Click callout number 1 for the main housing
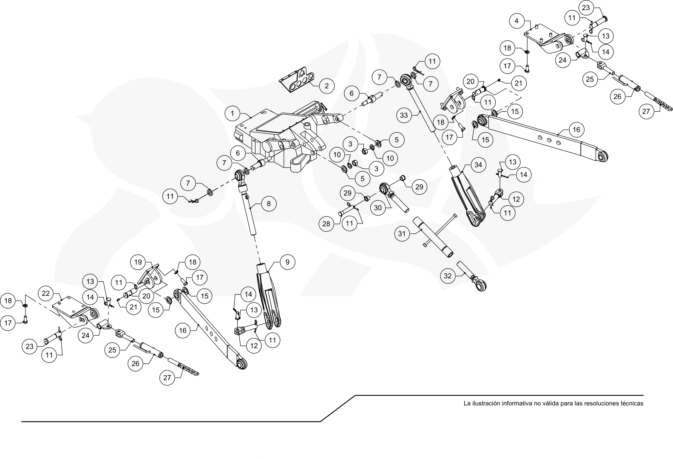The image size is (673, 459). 233,113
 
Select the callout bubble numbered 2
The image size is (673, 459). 327,86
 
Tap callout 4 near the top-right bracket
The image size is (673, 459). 517,21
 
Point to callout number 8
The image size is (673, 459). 269,204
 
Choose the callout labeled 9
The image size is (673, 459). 287,262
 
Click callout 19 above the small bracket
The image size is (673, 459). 138,262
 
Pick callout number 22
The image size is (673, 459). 45,293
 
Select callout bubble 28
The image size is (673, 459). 326,224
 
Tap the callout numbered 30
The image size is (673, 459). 378,207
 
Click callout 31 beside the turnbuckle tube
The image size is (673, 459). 402,233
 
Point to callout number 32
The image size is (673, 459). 448,276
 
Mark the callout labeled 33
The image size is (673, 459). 404,115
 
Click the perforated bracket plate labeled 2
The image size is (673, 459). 297,80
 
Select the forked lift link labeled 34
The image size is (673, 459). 467,195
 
